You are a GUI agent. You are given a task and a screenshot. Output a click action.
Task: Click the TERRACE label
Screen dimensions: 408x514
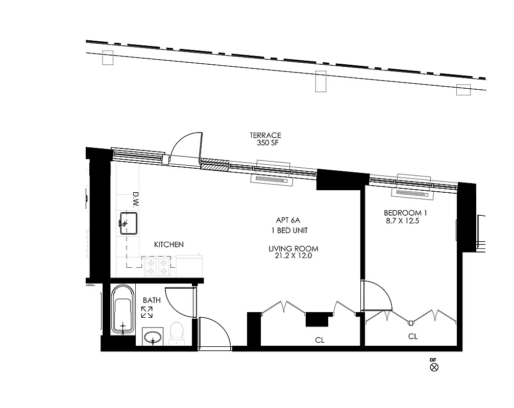pyautogui.click(x=265, y=136)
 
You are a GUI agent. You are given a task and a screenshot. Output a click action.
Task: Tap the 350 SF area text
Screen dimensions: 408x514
pyautogui.click(x=265, y=143)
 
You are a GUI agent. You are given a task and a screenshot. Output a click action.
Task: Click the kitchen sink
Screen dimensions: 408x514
pyautogui.click(x=129, y=223)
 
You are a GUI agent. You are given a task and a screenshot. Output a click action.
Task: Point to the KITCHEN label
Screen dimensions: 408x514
pyautogui.click(x=169, y=245)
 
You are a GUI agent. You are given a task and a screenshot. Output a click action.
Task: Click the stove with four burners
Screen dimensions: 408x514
pyautogui.click(x=158, y=266)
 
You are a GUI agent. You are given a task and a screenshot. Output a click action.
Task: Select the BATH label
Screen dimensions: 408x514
pyautogui.click(x=152, y=300)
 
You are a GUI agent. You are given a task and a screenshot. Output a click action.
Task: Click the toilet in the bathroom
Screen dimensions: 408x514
pyautogui.click(x=176, y=332)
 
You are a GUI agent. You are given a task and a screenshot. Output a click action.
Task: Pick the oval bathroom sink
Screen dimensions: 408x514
pyautogui.click(x=153, y=337)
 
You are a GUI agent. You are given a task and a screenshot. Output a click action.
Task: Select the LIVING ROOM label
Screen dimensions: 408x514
pyautogui.click(x=293, y=249)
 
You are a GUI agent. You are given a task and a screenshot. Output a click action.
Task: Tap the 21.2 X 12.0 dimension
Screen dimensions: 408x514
pyautogui.click(x=293, y=256)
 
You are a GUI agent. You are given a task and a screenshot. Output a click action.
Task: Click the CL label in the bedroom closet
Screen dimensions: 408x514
pyautogui.click(x=413, y=337)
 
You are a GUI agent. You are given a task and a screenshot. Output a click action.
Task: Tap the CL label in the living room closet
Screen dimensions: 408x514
pyautogui.click(x=320, y=340)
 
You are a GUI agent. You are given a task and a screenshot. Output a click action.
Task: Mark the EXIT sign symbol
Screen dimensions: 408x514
pyautogui.click(x=434, y=366)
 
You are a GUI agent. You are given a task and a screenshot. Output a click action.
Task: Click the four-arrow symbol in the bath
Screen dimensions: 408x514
pyautogui.click(x=147, y=313)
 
